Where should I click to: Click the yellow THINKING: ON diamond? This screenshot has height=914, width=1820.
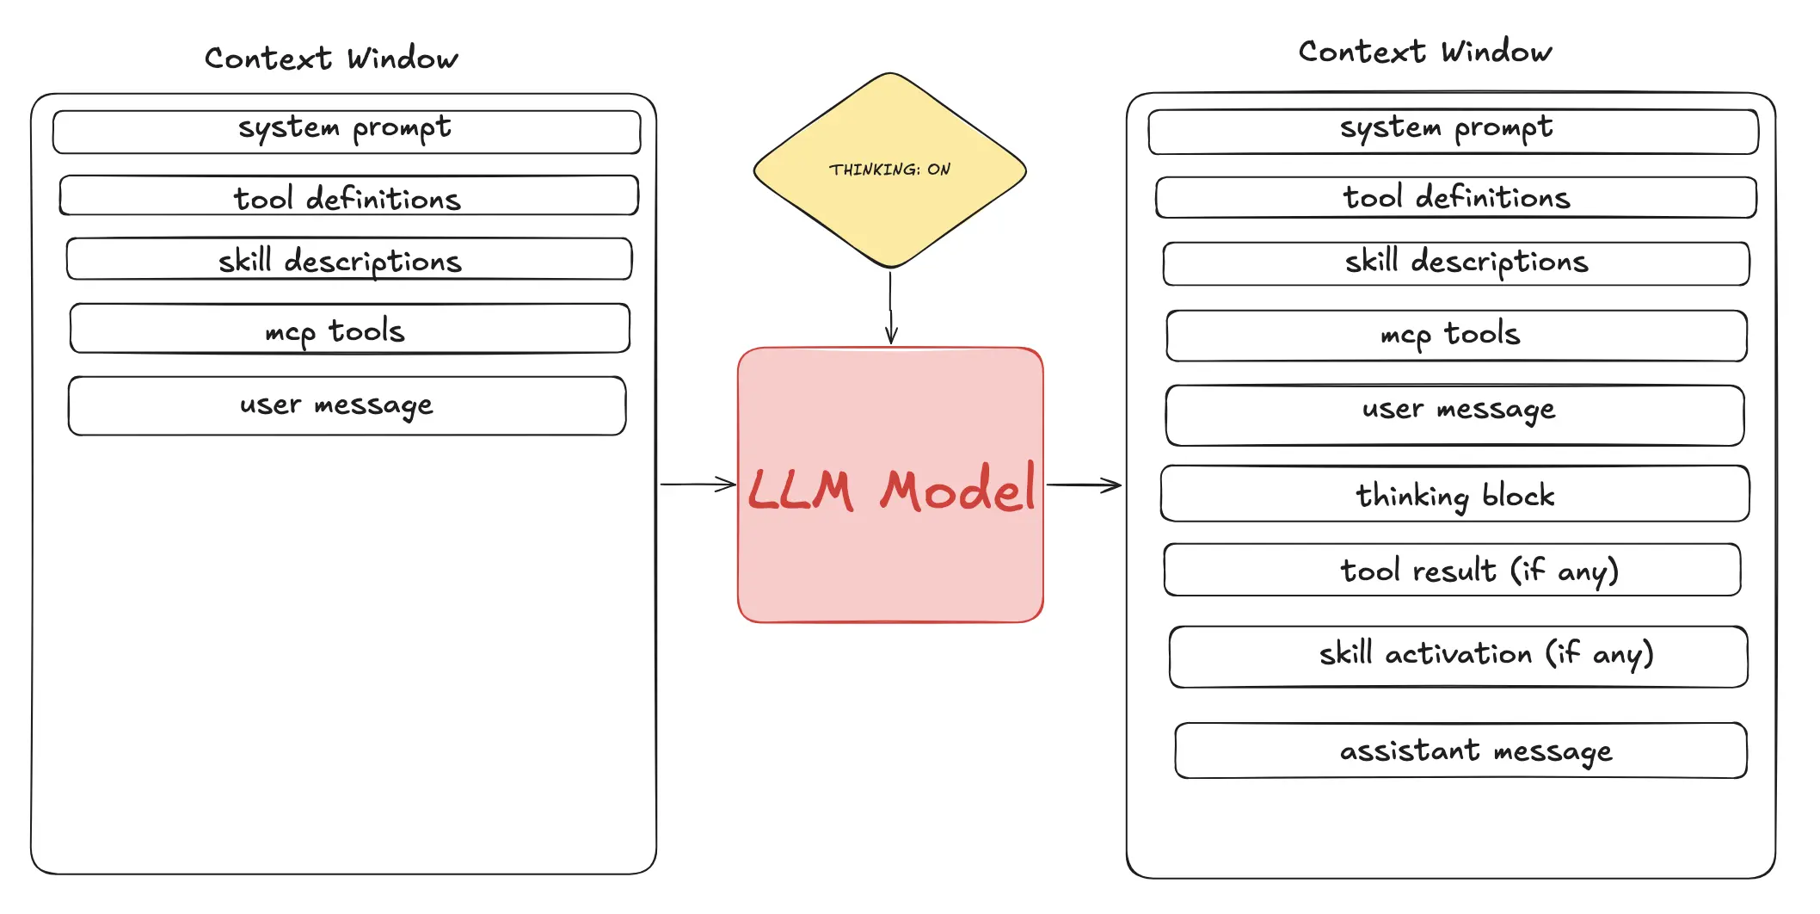(890, 170)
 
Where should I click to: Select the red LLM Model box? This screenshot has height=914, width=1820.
(890, 485)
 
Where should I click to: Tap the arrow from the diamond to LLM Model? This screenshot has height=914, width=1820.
(891, 307)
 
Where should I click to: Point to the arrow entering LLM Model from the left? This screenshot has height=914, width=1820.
(698, 485)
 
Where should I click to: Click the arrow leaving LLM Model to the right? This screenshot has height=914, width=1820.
(1084, 485)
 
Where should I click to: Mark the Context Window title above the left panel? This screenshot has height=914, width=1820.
(331, 59)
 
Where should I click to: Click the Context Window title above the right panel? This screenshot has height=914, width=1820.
(1425, 52)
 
